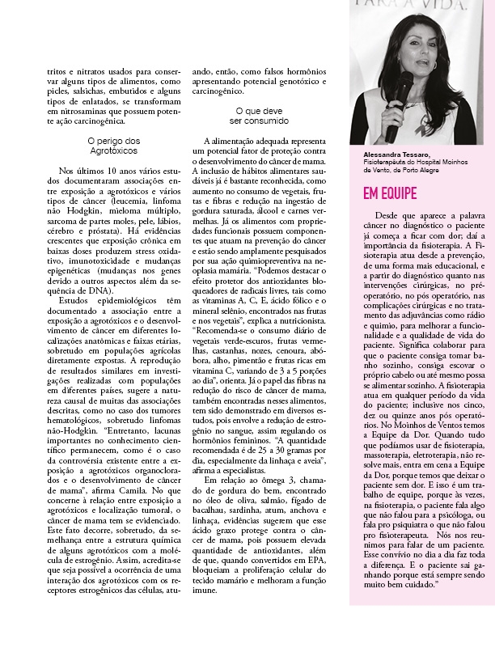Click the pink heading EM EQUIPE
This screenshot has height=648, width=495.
[x=389, y=194]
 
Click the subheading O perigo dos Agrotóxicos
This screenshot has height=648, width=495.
[x=113, y=146]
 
